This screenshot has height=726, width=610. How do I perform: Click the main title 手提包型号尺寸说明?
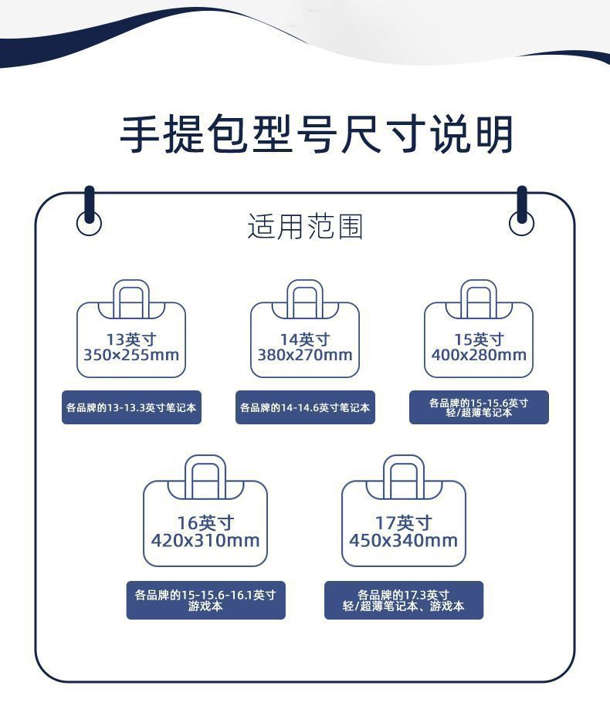316,133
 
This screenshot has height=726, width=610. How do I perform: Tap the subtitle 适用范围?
305,227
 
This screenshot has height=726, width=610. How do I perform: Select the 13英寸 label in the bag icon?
130,339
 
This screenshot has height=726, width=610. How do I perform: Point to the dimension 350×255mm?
130,356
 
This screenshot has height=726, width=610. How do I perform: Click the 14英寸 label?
305,339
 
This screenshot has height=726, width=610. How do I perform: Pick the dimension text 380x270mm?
305,356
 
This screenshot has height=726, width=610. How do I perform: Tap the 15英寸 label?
479,339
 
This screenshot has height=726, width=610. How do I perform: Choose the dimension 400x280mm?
479,356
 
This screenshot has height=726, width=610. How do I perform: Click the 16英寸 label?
205,523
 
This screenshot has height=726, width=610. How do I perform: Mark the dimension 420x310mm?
205,540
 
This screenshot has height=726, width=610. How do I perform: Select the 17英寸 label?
403,523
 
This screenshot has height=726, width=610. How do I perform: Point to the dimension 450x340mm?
403,540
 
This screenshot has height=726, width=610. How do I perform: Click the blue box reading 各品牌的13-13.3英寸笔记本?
131,407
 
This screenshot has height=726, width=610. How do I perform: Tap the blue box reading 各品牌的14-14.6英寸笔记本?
305,407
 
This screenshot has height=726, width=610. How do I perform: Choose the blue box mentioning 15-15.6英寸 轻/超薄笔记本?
479,407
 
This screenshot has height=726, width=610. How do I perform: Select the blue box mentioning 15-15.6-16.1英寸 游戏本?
205,600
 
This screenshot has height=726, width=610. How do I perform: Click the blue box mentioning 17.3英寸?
404,600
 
